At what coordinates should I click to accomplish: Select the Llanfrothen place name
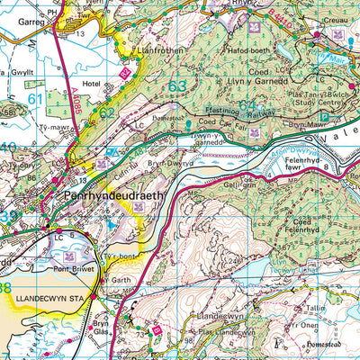(x=148, y=50)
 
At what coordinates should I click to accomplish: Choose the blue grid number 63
(x=177, y=86)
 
